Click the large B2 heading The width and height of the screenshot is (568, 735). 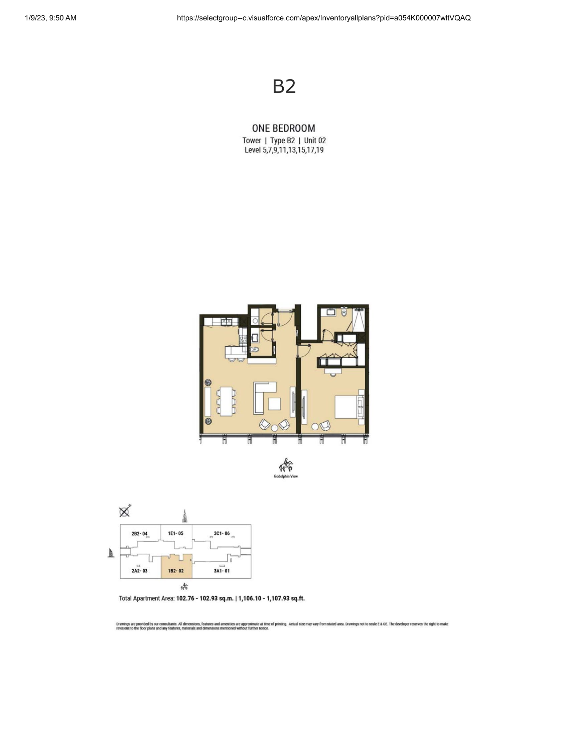(284, 86)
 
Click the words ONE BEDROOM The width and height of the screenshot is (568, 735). (284, 128)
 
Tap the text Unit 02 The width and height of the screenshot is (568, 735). (315, 140)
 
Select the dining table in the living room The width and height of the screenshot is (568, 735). (226, 402)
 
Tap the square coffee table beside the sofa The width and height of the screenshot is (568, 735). (274, 404)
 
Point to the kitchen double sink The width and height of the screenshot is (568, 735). (226, 322)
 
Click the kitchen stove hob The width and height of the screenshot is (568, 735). (243, 338)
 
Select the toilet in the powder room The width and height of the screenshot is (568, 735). (255, 349)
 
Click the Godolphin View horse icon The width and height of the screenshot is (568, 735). (286, 465)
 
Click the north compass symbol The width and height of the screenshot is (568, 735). (125, 511)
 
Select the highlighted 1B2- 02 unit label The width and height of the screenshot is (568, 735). (176, 571)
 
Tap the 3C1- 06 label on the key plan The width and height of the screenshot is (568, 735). (222, 534)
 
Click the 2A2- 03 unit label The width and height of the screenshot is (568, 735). (139, 571)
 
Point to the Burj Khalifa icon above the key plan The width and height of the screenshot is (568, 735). (185, 516)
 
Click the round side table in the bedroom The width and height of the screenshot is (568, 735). (315, 427)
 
